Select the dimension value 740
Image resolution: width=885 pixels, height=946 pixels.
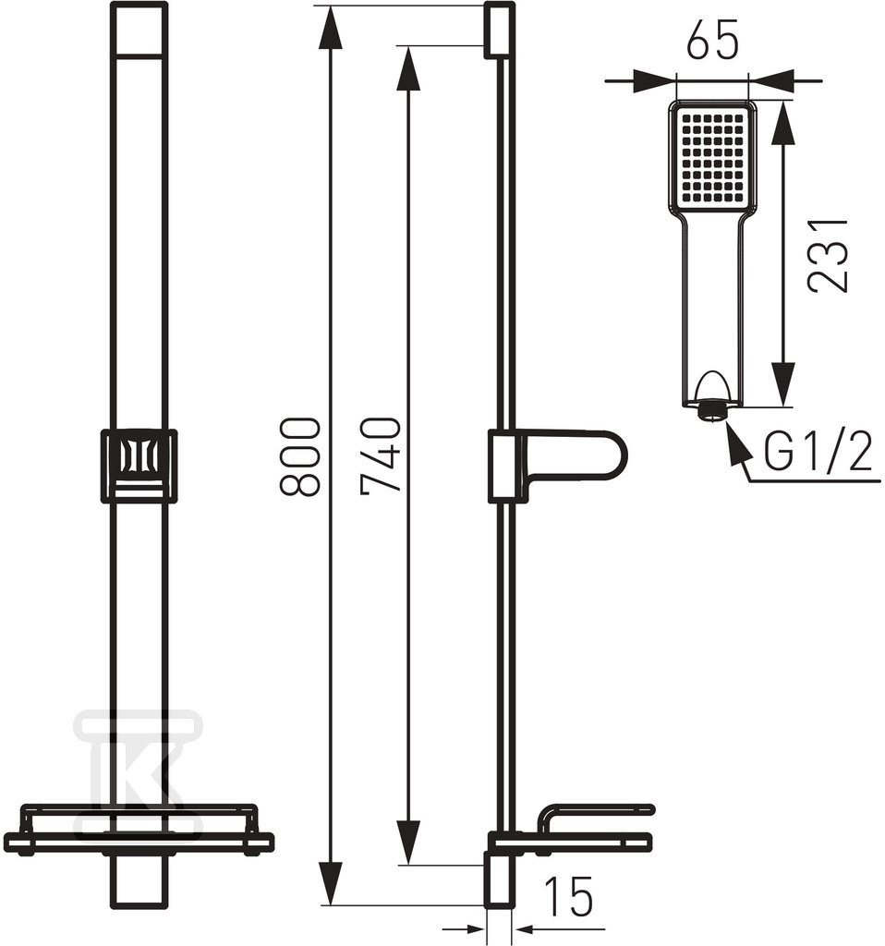[x=381, y=455]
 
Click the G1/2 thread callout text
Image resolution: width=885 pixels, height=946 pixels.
[x=818, y=453]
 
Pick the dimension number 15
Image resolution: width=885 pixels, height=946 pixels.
[x=568, y=896]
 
